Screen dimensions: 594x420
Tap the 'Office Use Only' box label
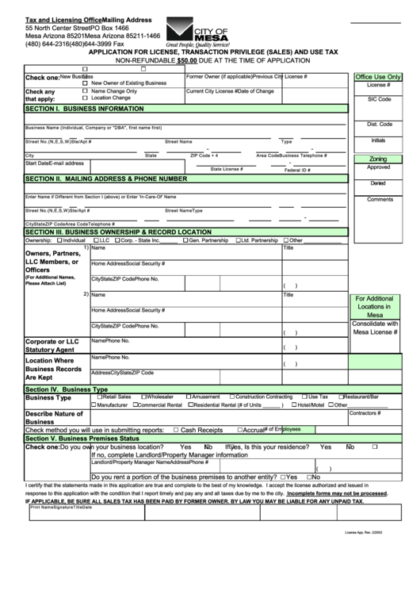coord(378,77)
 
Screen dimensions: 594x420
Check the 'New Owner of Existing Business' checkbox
coord(86,83)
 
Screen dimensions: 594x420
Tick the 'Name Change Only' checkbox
coord(86,91)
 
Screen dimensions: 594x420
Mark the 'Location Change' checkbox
coord(86,98)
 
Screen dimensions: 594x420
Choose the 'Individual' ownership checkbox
coord(59,240)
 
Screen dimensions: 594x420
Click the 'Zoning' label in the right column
coord(378,159)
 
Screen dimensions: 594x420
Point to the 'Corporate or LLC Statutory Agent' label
coord(52,344)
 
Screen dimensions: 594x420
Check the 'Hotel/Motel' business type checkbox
coord(292,405)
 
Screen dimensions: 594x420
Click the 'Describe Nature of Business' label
coord(54,418)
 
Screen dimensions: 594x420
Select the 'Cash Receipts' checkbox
coord(175,430)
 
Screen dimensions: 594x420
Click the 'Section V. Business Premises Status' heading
coord(82,439)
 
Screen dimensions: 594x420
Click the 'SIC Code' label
coord(378,100)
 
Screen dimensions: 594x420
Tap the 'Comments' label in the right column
coord(378,199)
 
